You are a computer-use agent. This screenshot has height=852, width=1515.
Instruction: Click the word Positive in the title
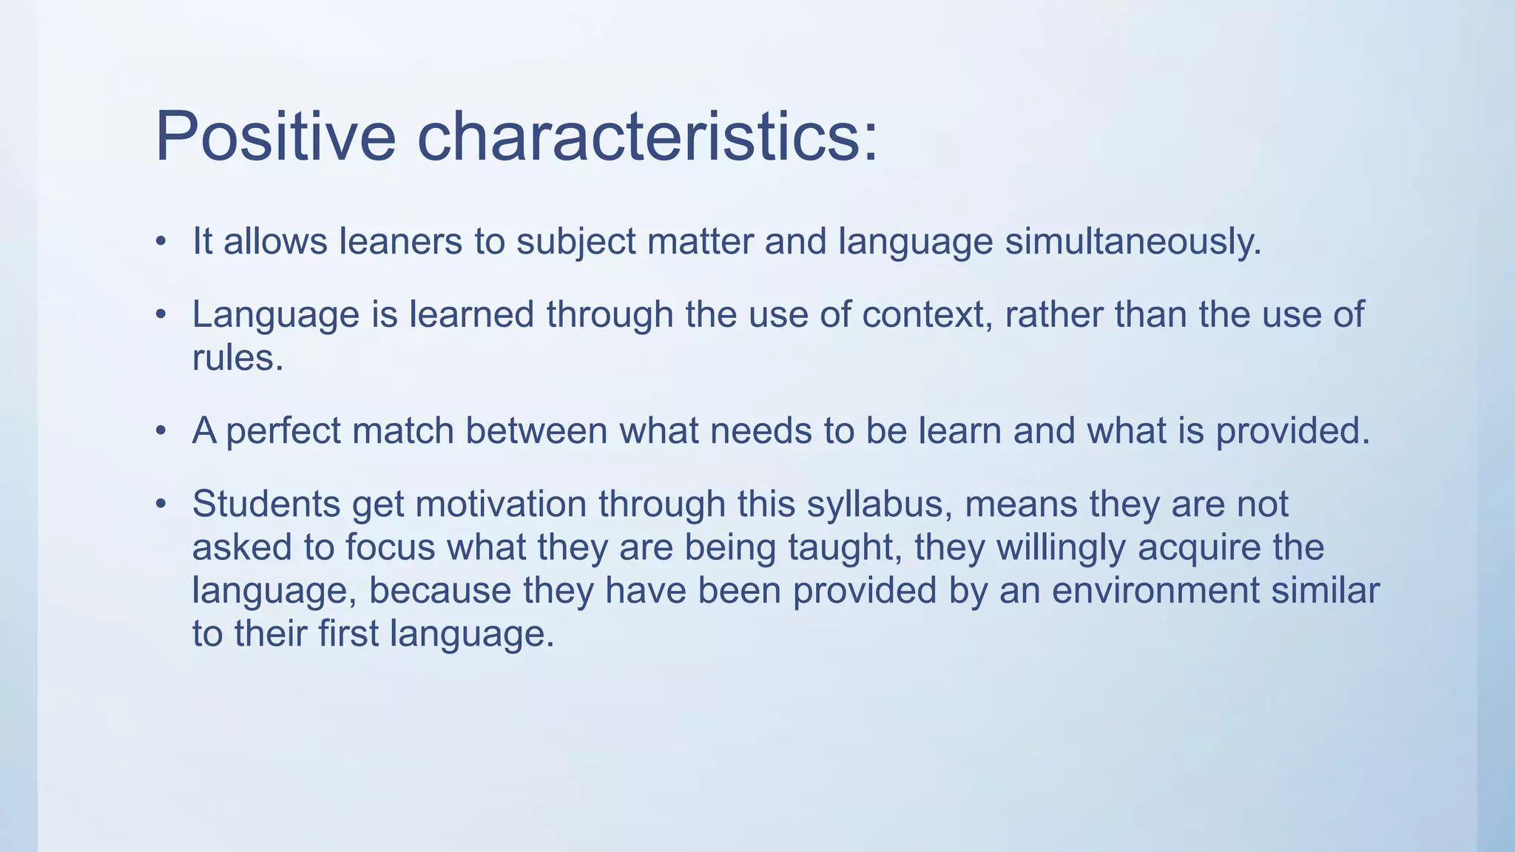[275, 137]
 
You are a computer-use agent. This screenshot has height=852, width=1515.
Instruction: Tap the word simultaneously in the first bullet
[1133, 242]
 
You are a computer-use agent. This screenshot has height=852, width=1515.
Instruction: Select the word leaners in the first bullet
[400, 242]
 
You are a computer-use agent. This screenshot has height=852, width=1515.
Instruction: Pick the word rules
[237, 359]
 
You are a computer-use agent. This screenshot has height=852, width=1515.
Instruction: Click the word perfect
[283, 431]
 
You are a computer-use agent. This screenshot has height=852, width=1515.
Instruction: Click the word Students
[266, 504]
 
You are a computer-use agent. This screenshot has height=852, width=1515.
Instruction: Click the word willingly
[1061, 548]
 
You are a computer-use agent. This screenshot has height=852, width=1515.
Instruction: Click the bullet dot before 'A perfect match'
[161, 431]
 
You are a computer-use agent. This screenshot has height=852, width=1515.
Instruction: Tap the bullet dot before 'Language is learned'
[161, 315]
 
